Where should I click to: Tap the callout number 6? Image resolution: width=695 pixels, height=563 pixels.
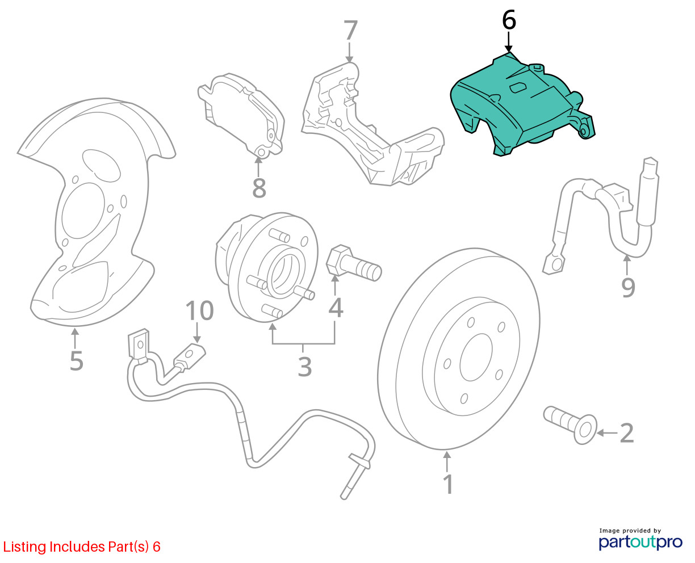pos(509,20)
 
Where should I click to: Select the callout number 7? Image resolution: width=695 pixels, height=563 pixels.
pos(350,31)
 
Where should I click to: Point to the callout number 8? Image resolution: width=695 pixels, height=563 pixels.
pos(259,188)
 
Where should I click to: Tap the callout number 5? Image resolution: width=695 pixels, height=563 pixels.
pos(76,360)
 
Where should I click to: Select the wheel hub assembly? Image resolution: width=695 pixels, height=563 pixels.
pos(267,267)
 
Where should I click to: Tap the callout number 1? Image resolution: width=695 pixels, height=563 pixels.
pos(448,484)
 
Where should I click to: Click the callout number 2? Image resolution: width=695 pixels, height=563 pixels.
pos(626,433)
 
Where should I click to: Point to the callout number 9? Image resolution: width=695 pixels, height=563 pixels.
pos(627,287)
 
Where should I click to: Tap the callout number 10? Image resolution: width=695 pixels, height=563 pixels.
pos(199,310)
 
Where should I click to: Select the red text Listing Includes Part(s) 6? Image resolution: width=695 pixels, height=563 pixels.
pos(82,547)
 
